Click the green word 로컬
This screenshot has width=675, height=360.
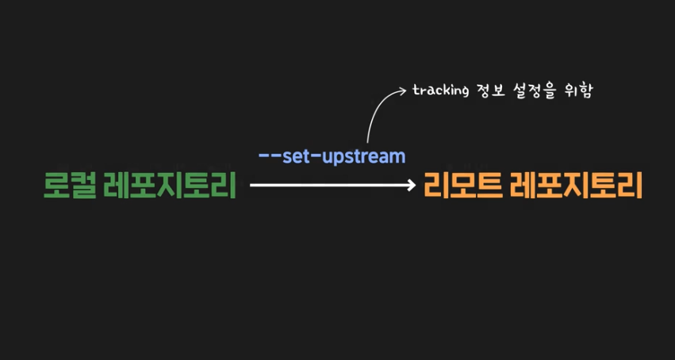tap(70, 186)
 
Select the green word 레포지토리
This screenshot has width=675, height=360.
tap(170, 186)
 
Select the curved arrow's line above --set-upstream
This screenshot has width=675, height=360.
tap(372, 115)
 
